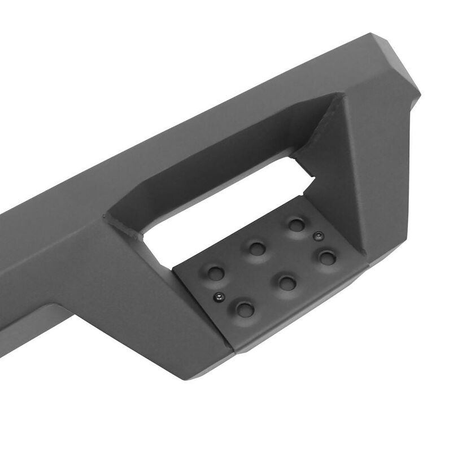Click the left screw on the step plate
coord(217,295)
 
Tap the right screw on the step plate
coord(319,235)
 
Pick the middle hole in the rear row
coord(257,247)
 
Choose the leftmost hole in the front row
coord(245,308)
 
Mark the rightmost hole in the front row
coord(327,258)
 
